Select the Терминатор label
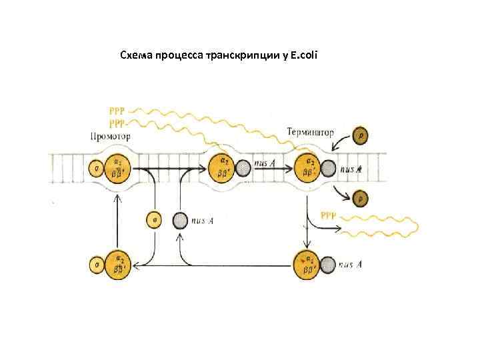click(x=310, y=132)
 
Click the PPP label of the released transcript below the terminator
click(x=329, y=215)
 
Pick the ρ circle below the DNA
click(x=361, y=198)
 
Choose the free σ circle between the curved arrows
click(x=154, y=220)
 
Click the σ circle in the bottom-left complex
click(x=97, y=265)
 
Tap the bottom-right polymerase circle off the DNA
click(x=308, y=264)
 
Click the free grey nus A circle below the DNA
click(x=179, y=220)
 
